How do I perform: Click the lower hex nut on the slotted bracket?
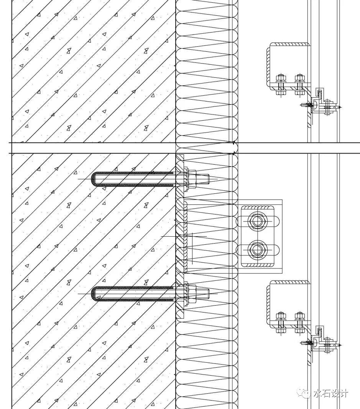(x=255, y=250)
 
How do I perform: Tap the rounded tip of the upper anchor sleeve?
(x=94, y=179)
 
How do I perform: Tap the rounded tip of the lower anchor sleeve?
(x=94, y=294)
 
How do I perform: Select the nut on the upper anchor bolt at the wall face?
(x=192, y=179)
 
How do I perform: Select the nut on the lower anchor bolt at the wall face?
(x=192, y=294)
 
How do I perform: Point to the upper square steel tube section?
(x=288, y=63)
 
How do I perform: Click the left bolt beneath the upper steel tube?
(x=281, y=84)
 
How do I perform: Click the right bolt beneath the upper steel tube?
(x=299, y=84)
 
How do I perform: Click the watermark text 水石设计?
(x=330, y=393)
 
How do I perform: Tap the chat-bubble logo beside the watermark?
(x=306, y=393)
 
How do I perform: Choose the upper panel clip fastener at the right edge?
(x=328, y=107)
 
